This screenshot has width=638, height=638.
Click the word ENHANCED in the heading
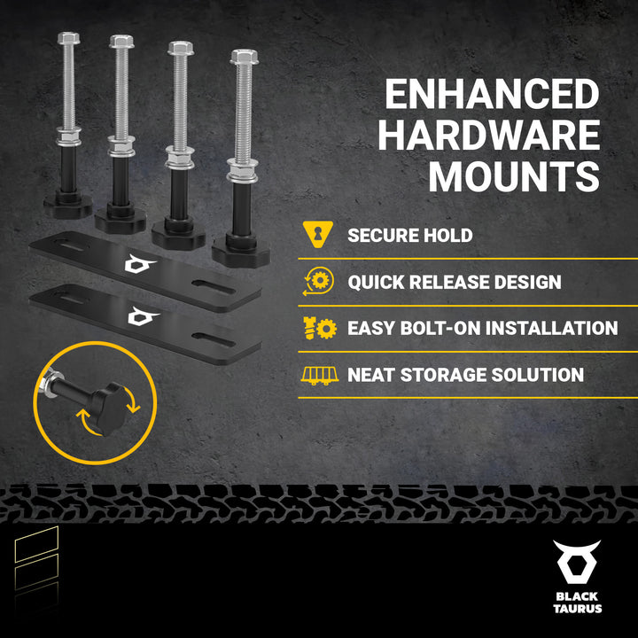(493, 94)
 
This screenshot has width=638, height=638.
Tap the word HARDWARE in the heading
(489, 135)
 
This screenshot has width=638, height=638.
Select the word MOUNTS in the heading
(514, 175)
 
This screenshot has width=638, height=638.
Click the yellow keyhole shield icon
(318, 234)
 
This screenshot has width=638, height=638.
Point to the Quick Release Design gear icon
(319, 281)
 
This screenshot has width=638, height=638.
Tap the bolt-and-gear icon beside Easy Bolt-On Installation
(320, 328)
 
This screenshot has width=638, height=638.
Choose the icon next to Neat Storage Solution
(319, 375)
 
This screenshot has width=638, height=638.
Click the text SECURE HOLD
(409, 235)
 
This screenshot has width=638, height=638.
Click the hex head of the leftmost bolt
(69, 38)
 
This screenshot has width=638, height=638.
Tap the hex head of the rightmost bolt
(245, 57)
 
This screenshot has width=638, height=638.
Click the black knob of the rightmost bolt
(241, 252)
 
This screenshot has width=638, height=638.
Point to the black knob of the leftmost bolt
(68, 205)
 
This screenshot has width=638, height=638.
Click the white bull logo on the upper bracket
(140, 264)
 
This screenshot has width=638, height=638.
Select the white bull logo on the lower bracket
(143, 316)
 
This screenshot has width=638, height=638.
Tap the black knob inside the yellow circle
(109, 408)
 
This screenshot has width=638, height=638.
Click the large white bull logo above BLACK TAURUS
(577, 562)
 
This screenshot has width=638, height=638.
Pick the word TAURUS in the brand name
(578, 609)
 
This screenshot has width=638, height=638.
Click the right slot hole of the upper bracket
(214, 287)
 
